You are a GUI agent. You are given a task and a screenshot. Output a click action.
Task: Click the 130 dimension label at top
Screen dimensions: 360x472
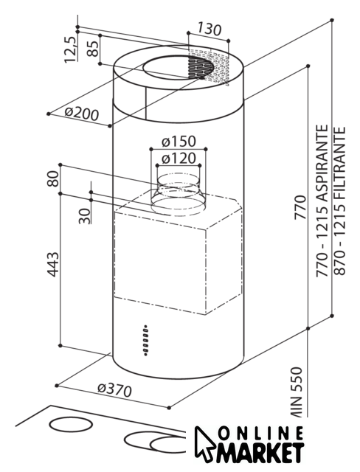coord(210,29)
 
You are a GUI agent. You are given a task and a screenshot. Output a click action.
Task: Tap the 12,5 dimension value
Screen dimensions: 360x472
coord(70,49)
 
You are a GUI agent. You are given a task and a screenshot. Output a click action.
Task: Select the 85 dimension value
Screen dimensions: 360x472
coord(93,49)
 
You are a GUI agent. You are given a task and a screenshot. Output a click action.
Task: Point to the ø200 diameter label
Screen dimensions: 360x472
coord(82,114)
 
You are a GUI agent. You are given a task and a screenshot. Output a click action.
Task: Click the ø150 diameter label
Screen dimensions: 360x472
coord(179,141)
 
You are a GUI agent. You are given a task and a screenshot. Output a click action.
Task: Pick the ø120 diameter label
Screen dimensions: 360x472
coord(179,159)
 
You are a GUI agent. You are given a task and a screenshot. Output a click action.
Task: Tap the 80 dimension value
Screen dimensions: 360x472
coord(53,178)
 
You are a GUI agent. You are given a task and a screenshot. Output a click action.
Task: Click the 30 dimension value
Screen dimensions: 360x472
coord(85,216)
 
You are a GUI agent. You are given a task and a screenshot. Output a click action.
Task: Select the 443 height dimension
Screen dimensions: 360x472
coord(53,264)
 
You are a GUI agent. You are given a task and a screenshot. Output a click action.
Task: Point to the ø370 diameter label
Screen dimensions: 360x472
coord(114,390)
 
